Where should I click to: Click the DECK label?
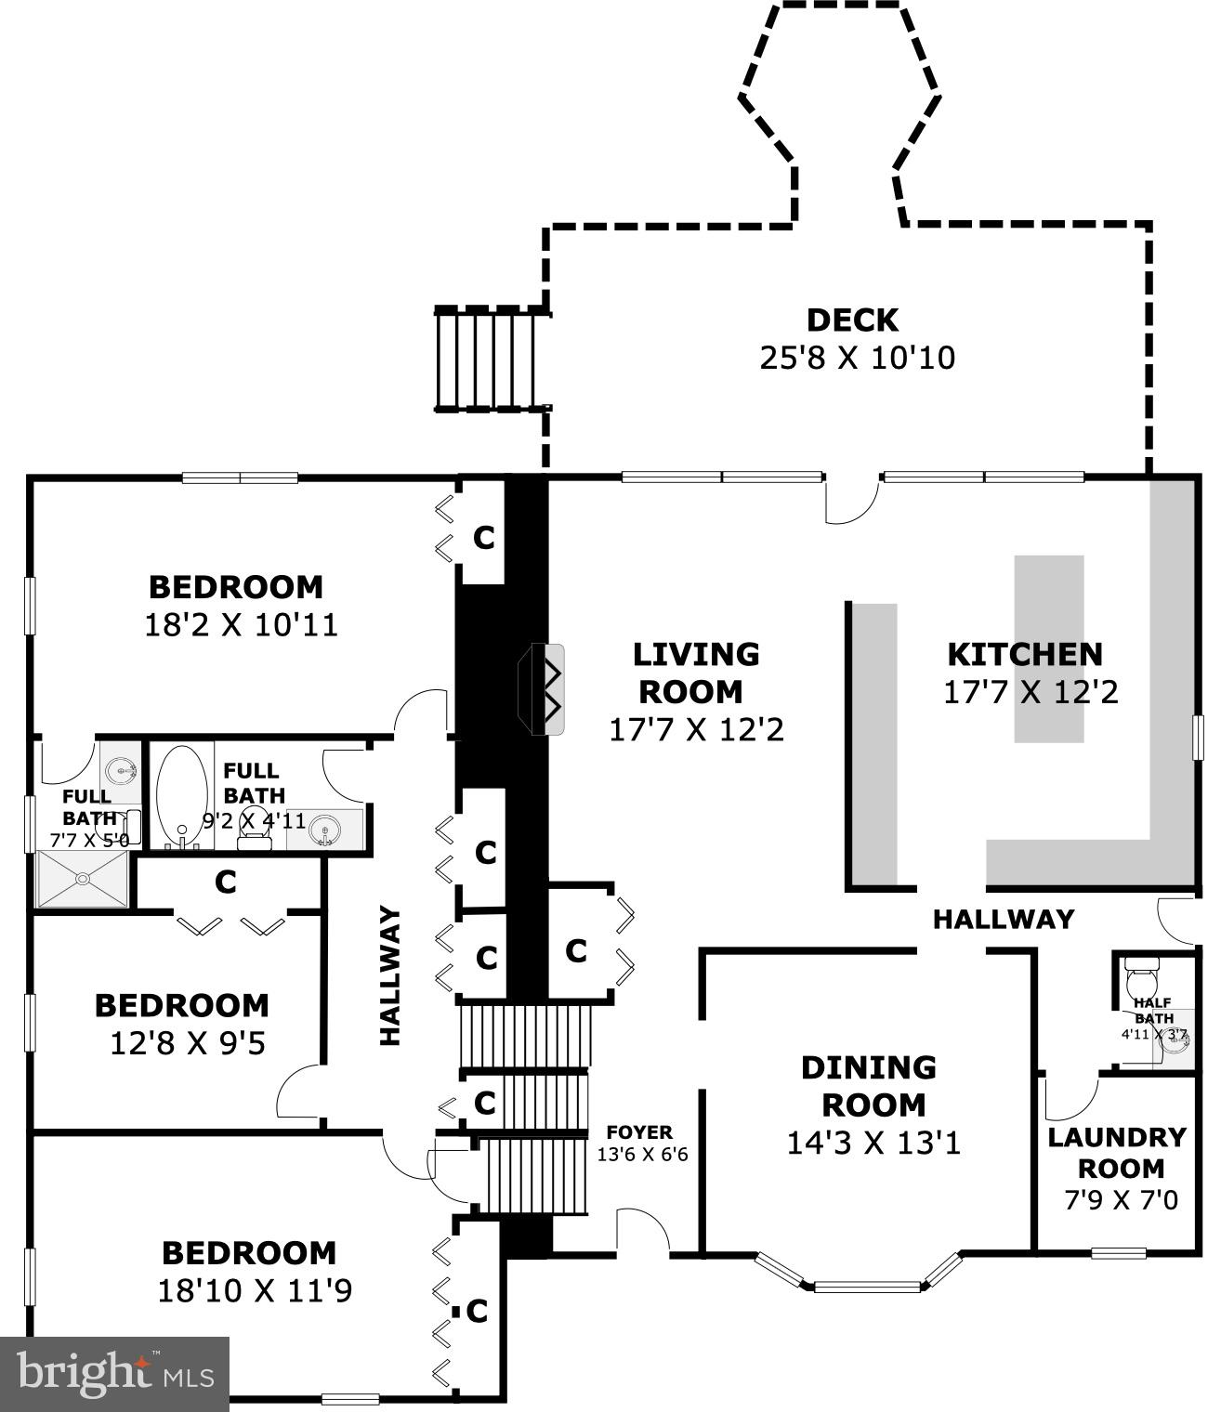tap(852, 320)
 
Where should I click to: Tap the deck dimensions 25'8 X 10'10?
tap(858, 358)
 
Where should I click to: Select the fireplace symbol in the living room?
tap(542, 689)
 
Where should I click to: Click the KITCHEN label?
tap(1025, 654)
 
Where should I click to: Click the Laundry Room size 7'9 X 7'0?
tap(1122, 1199)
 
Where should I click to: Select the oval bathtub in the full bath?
tap(182, 794)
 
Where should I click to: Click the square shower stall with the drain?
tap(83, 879)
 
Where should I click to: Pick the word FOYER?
tap(639, 1132)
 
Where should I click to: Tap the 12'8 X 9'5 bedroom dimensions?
tap(188, 1044)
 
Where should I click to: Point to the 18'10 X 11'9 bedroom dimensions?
tap(255, 1291)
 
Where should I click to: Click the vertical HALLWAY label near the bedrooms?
tap(389, 975)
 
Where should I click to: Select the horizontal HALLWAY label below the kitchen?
tap(1004, 920)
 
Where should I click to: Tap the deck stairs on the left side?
tap(492, 360)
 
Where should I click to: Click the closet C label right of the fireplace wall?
tap(576, 951)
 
